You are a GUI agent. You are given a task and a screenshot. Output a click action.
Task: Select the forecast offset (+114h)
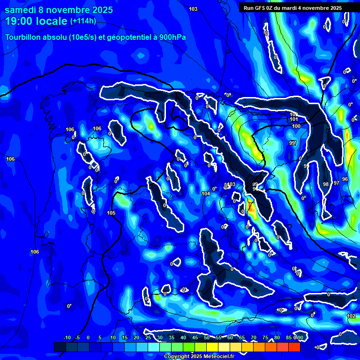click(x=83, y=21)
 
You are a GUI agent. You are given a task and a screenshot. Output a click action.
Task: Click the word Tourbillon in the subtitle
click(x=23, y=37)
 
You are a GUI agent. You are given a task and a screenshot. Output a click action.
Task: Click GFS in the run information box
click(x=262, y=8)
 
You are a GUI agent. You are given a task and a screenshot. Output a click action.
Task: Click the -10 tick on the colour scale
click(x=67, y=338)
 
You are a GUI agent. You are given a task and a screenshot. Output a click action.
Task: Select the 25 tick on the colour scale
click(x=148, y=338)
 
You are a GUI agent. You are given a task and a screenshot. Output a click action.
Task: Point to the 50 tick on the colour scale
click(x=207, y=338)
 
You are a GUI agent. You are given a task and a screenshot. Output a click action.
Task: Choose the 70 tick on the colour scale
click(x=254, y=338)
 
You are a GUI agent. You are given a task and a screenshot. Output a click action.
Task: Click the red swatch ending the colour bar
click(x=294, y=347)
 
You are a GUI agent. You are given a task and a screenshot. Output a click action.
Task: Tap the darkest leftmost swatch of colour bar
click(x=60, y=347)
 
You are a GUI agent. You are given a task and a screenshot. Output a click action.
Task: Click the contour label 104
click(x=205, y=194)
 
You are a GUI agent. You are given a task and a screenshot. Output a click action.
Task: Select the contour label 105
click(x=111, y=213)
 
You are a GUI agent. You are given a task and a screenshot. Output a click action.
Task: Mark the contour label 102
click(x=351, y=316)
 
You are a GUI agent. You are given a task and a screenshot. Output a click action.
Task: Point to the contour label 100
click(x=296, y=126)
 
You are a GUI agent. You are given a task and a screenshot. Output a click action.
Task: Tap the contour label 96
click(x=345, y=179)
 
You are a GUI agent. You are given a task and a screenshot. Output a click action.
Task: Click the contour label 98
click(x=326, y=184)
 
